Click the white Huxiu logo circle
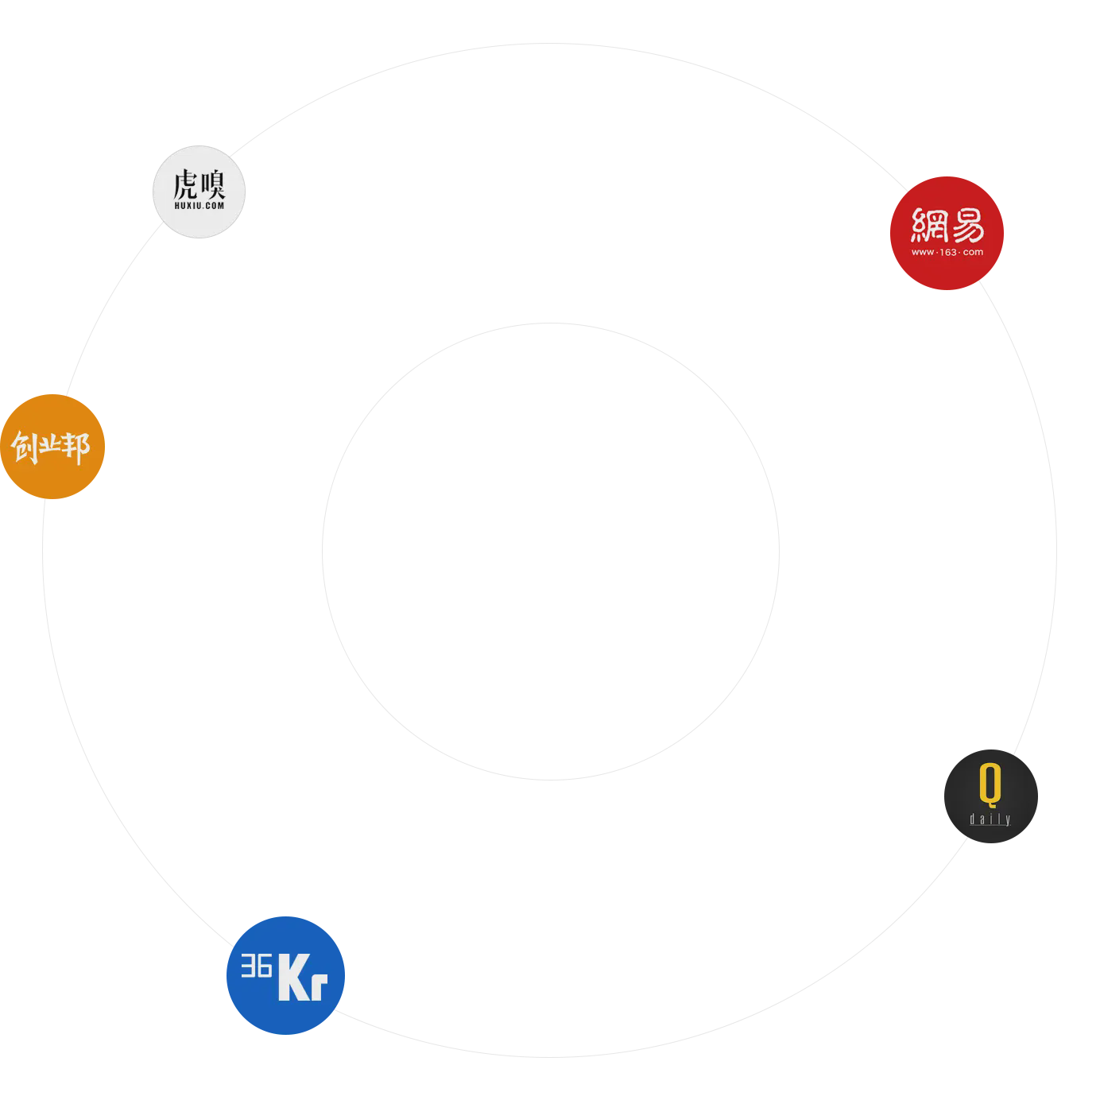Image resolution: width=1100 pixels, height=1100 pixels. coord(199,192)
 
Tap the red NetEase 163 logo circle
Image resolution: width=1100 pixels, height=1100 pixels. coord(947,233)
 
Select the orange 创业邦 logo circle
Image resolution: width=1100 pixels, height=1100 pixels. coord(52,447)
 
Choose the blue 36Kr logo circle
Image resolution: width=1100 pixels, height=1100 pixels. coord(285,975)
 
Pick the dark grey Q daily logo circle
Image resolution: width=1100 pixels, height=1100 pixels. coord(990,796)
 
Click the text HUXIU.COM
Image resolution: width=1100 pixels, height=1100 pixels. coord(199,205)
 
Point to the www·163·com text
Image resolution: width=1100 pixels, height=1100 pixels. coord(947,252)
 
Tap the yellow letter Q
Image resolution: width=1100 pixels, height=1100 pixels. coord(990,784)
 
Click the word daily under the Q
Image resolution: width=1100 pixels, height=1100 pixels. coord(990,819)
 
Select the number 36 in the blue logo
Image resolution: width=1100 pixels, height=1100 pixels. coord(256,966)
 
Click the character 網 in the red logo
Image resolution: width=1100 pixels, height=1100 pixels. coord(928,225)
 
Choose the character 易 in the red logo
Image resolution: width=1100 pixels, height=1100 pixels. coord(966,225)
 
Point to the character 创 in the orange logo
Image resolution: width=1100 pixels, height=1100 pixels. coord(25,447)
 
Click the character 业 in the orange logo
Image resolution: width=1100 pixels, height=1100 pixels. coord(51,446)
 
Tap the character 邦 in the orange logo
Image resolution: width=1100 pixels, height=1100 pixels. coord(76,447)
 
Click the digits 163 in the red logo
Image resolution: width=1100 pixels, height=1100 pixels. coord(947,252)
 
